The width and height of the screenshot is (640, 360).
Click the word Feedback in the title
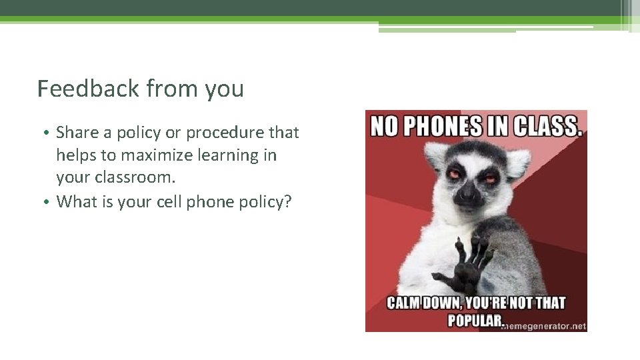point(88,89)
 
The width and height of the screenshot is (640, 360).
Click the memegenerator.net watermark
point(545,326)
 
